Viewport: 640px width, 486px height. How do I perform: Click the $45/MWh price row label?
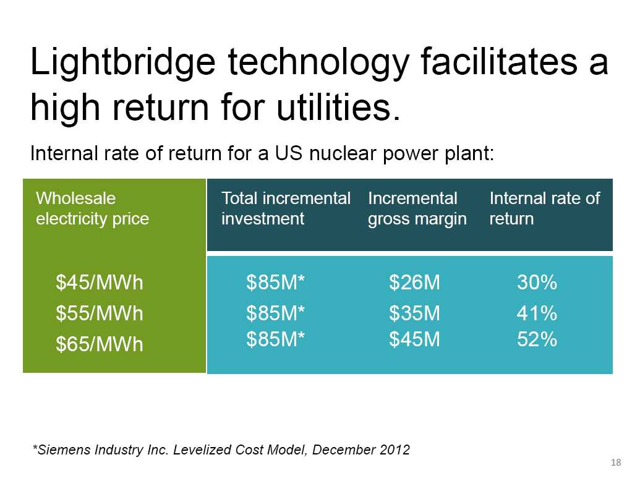(x=100, y=283)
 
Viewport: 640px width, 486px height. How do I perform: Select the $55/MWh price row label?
(x=100, y=313)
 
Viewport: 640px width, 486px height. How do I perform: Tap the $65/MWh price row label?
(x=100, y=344)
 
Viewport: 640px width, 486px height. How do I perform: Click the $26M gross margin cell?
(x=414, y=283)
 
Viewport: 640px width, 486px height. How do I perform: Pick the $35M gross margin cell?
(x=414, y=313)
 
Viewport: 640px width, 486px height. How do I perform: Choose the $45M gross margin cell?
(x=414, y=339)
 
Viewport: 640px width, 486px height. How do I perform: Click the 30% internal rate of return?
(x=537, y=283)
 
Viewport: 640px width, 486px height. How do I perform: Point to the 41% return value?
(x=537, y=313)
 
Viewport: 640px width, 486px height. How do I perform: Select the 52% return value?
(x=537, y=339)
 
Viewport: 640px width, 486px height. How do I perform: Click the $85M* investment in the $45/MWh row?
(x=276, y=283)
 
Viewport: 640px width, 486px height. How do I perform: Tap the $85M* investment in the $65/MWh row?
(x=276, y=339)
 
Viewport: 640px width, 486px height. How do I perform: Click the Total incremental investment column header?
(x=286, y=208)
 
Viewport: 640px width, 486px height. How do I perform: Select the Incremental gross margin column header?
(x=417, y=208)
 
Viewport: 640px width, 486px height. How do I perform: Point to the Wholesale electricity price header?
(x=92, y=208)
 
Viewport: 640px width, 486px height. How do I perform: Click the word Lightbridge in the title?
(x=123, y=62)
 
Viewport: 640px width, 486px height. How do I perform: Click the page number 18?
(x=616, y=463)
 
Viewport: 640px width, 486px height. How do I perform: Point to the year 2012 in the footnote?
(x=395, y=450)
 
